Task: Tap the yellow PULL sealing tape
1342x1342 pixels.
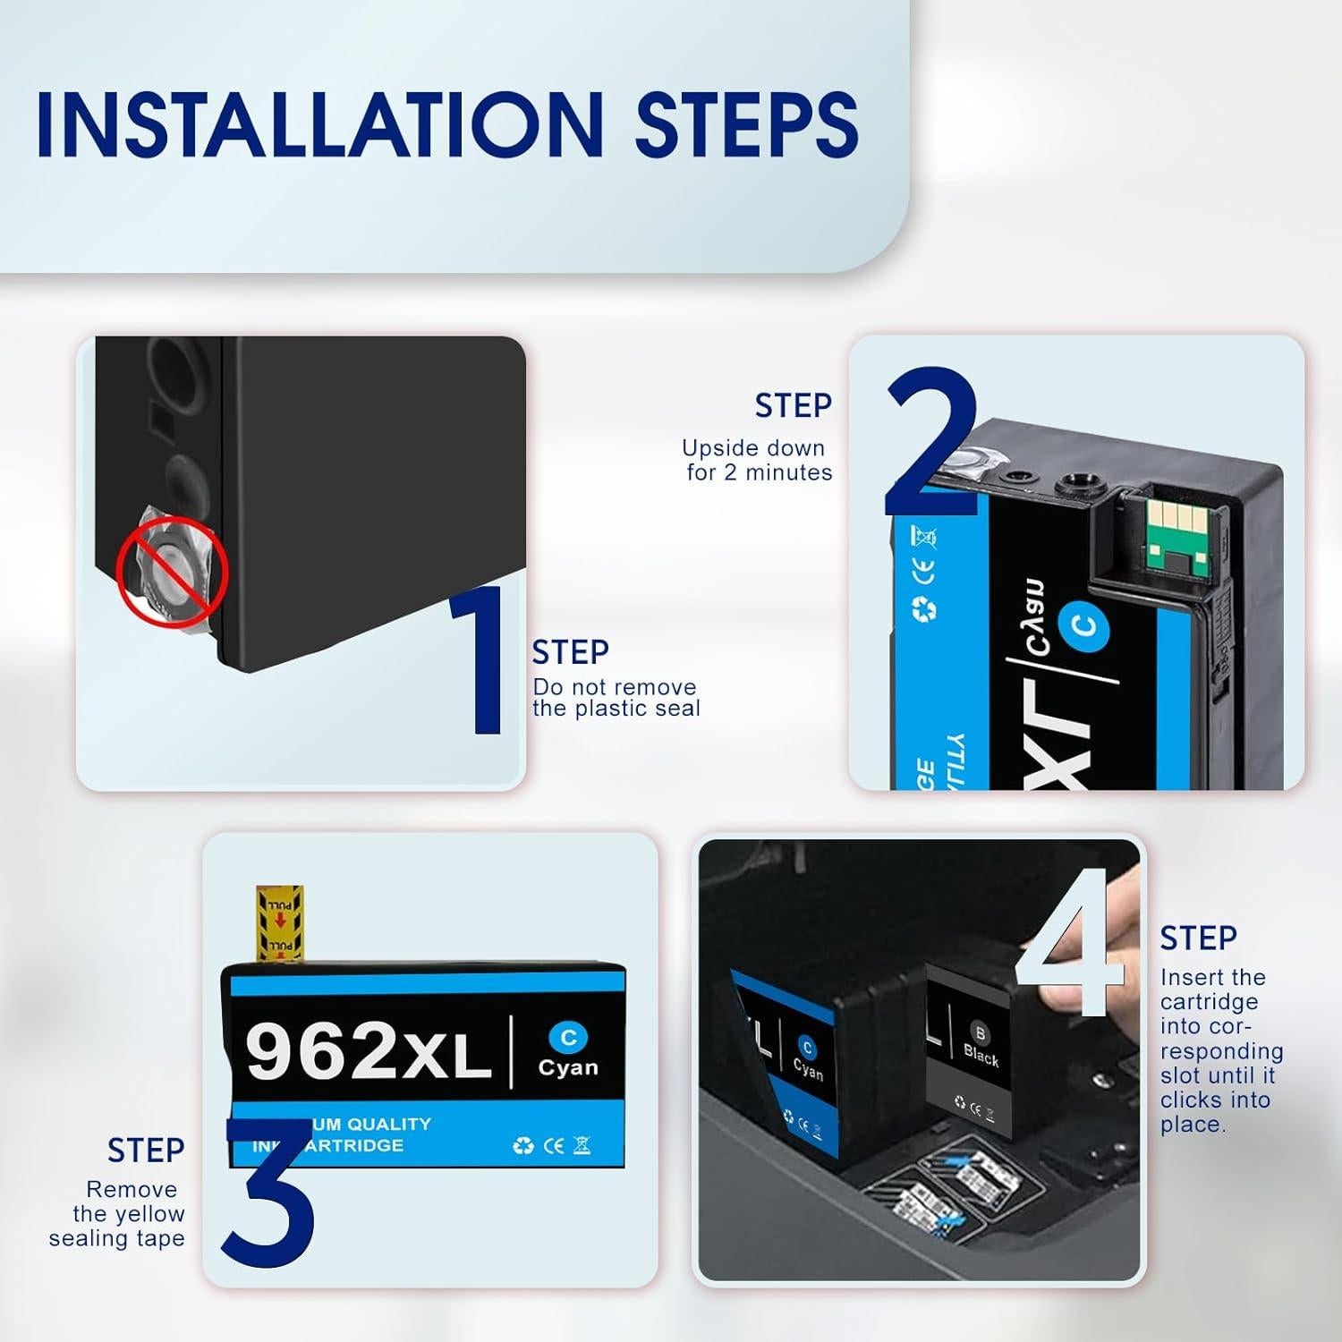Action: click(280, 922)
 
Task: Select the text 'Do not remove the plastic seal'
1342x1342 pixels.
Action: click(616, 698)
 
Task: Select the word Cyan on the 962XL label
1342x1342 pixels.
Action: click(568, 1067)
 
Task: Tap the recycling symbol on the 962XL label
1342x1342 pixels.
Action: click(523, 1146)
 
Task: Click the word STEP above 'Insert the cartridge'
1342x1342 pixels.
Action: click(1198, 939)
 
